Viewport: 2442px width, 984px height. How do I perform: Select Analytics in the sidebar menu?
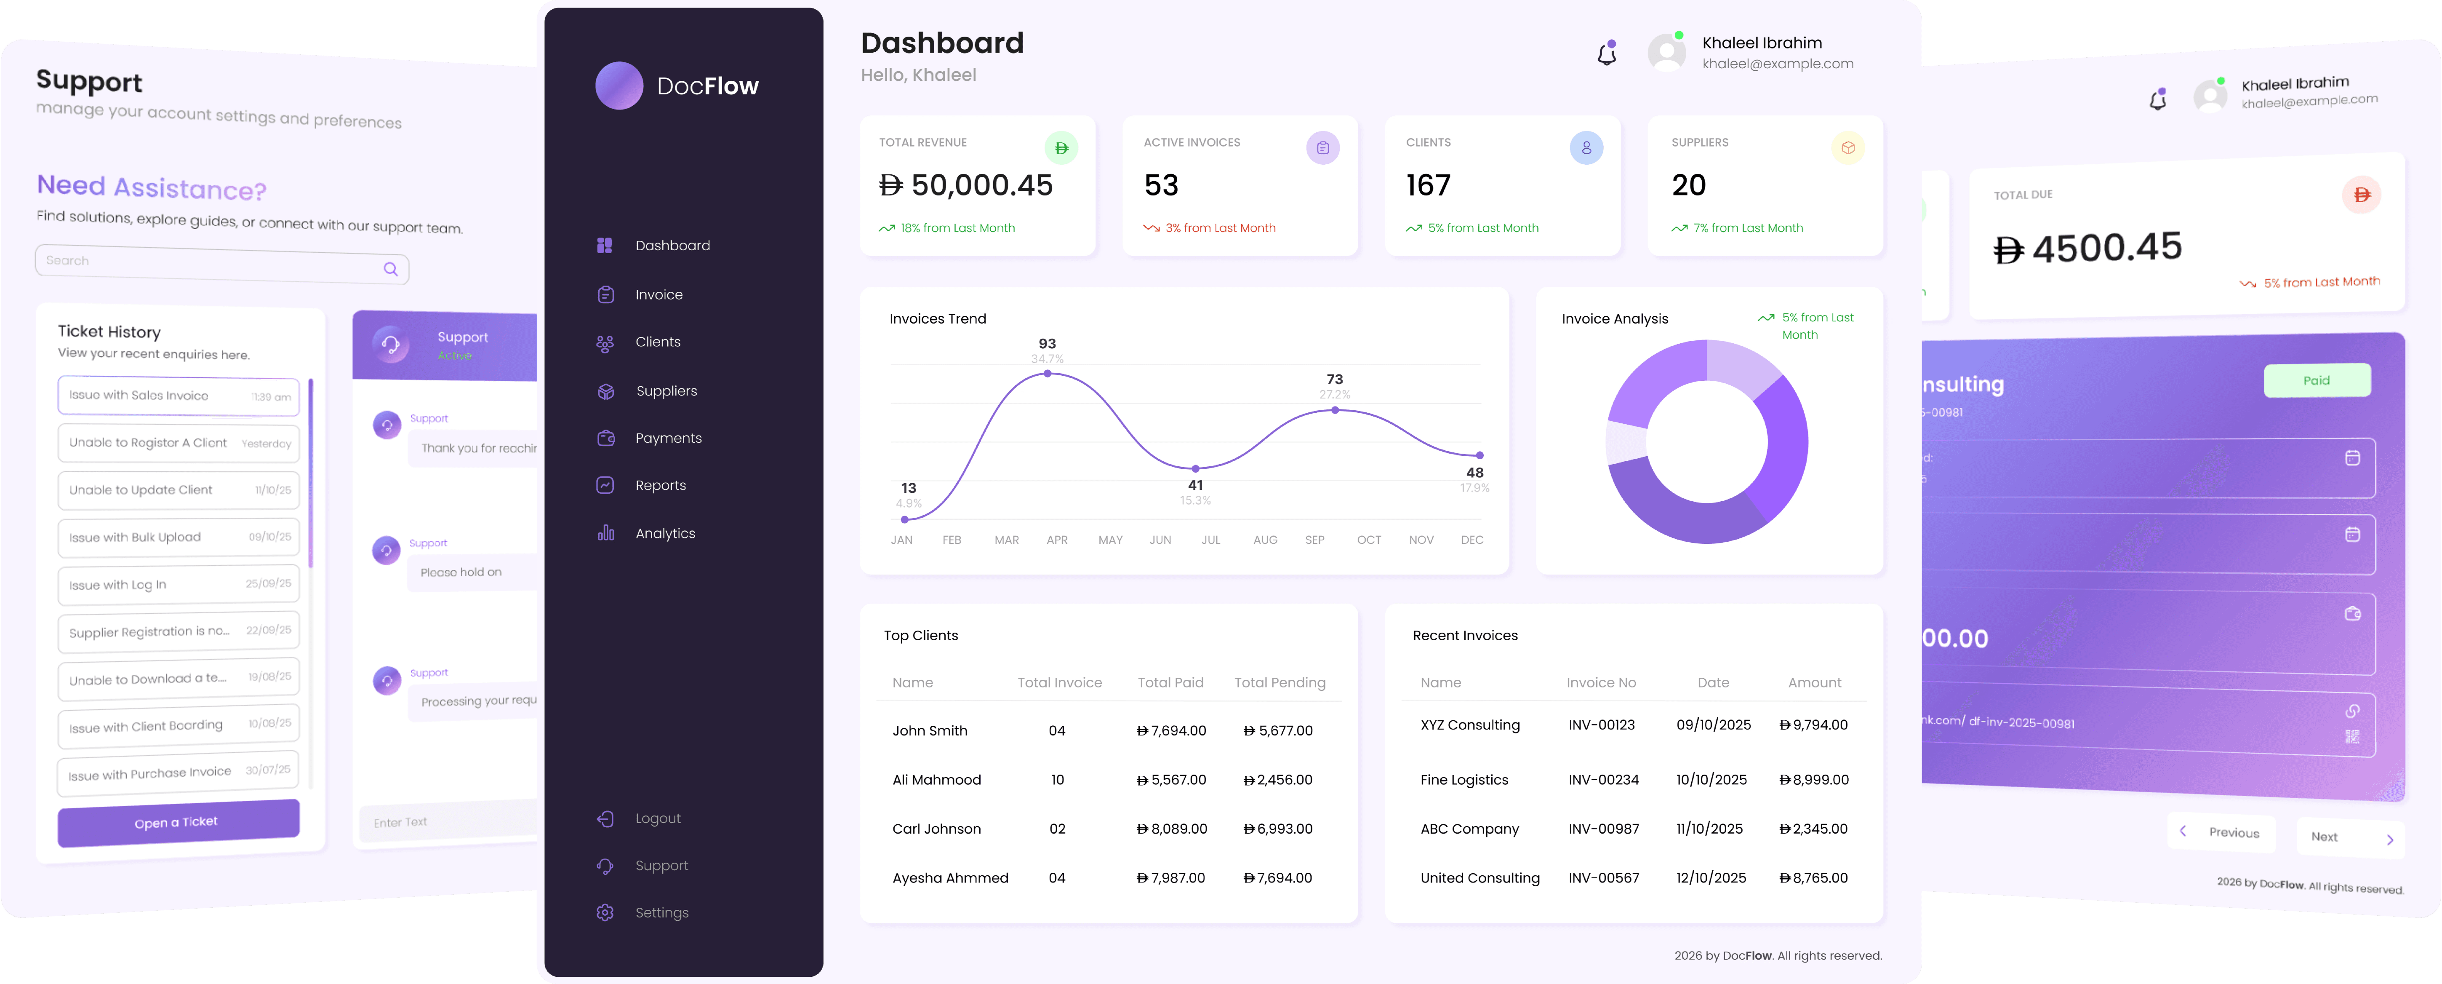click(x=664, y=534)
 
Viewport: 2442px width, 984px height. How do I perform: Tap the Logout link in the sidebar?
click(x=657, y=818)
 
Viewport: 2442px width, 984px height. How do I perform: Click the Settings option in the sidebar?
click(x=661, y=913)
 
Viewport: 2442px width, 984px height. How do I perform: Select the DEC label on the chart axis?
click(x=1471, y=540)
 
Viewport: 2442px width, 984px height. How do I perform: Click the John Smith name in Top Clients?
click(x=929, y=731)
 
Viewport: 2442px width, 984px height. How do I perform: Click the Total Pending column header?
click(x=1279, y=682)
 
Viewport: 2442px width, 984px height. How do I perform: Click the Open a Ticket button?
click(x=177, y=822)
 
